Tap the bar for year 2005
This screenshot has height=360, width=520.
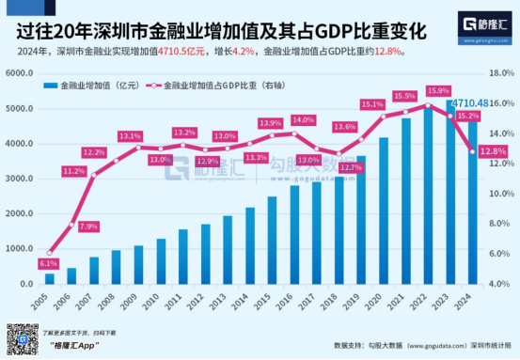pos(50,279)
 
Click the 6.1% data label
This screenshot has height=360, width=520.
pos(48,264)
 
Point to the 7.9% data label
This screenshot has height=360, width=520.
pos(88,226)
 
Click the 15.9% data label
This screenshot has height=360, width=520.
pos(438,90)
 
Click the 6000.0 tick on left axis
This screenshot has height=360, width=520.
pos(21,73)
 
